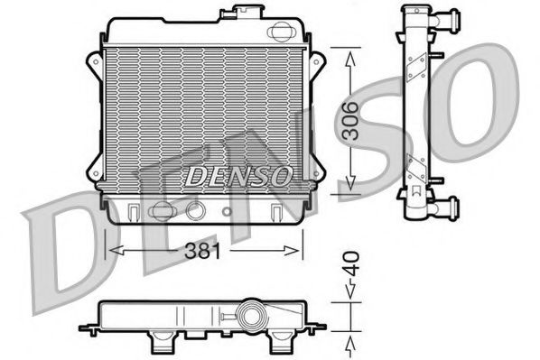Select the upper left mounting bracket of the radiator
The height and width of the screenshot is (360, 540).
[x=93, y=64]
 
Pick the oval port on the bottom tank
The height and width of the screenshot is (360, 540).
[x=162, y=211]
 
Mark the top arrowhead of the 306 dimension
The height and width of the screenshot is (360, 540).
[x=350, y=52]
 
